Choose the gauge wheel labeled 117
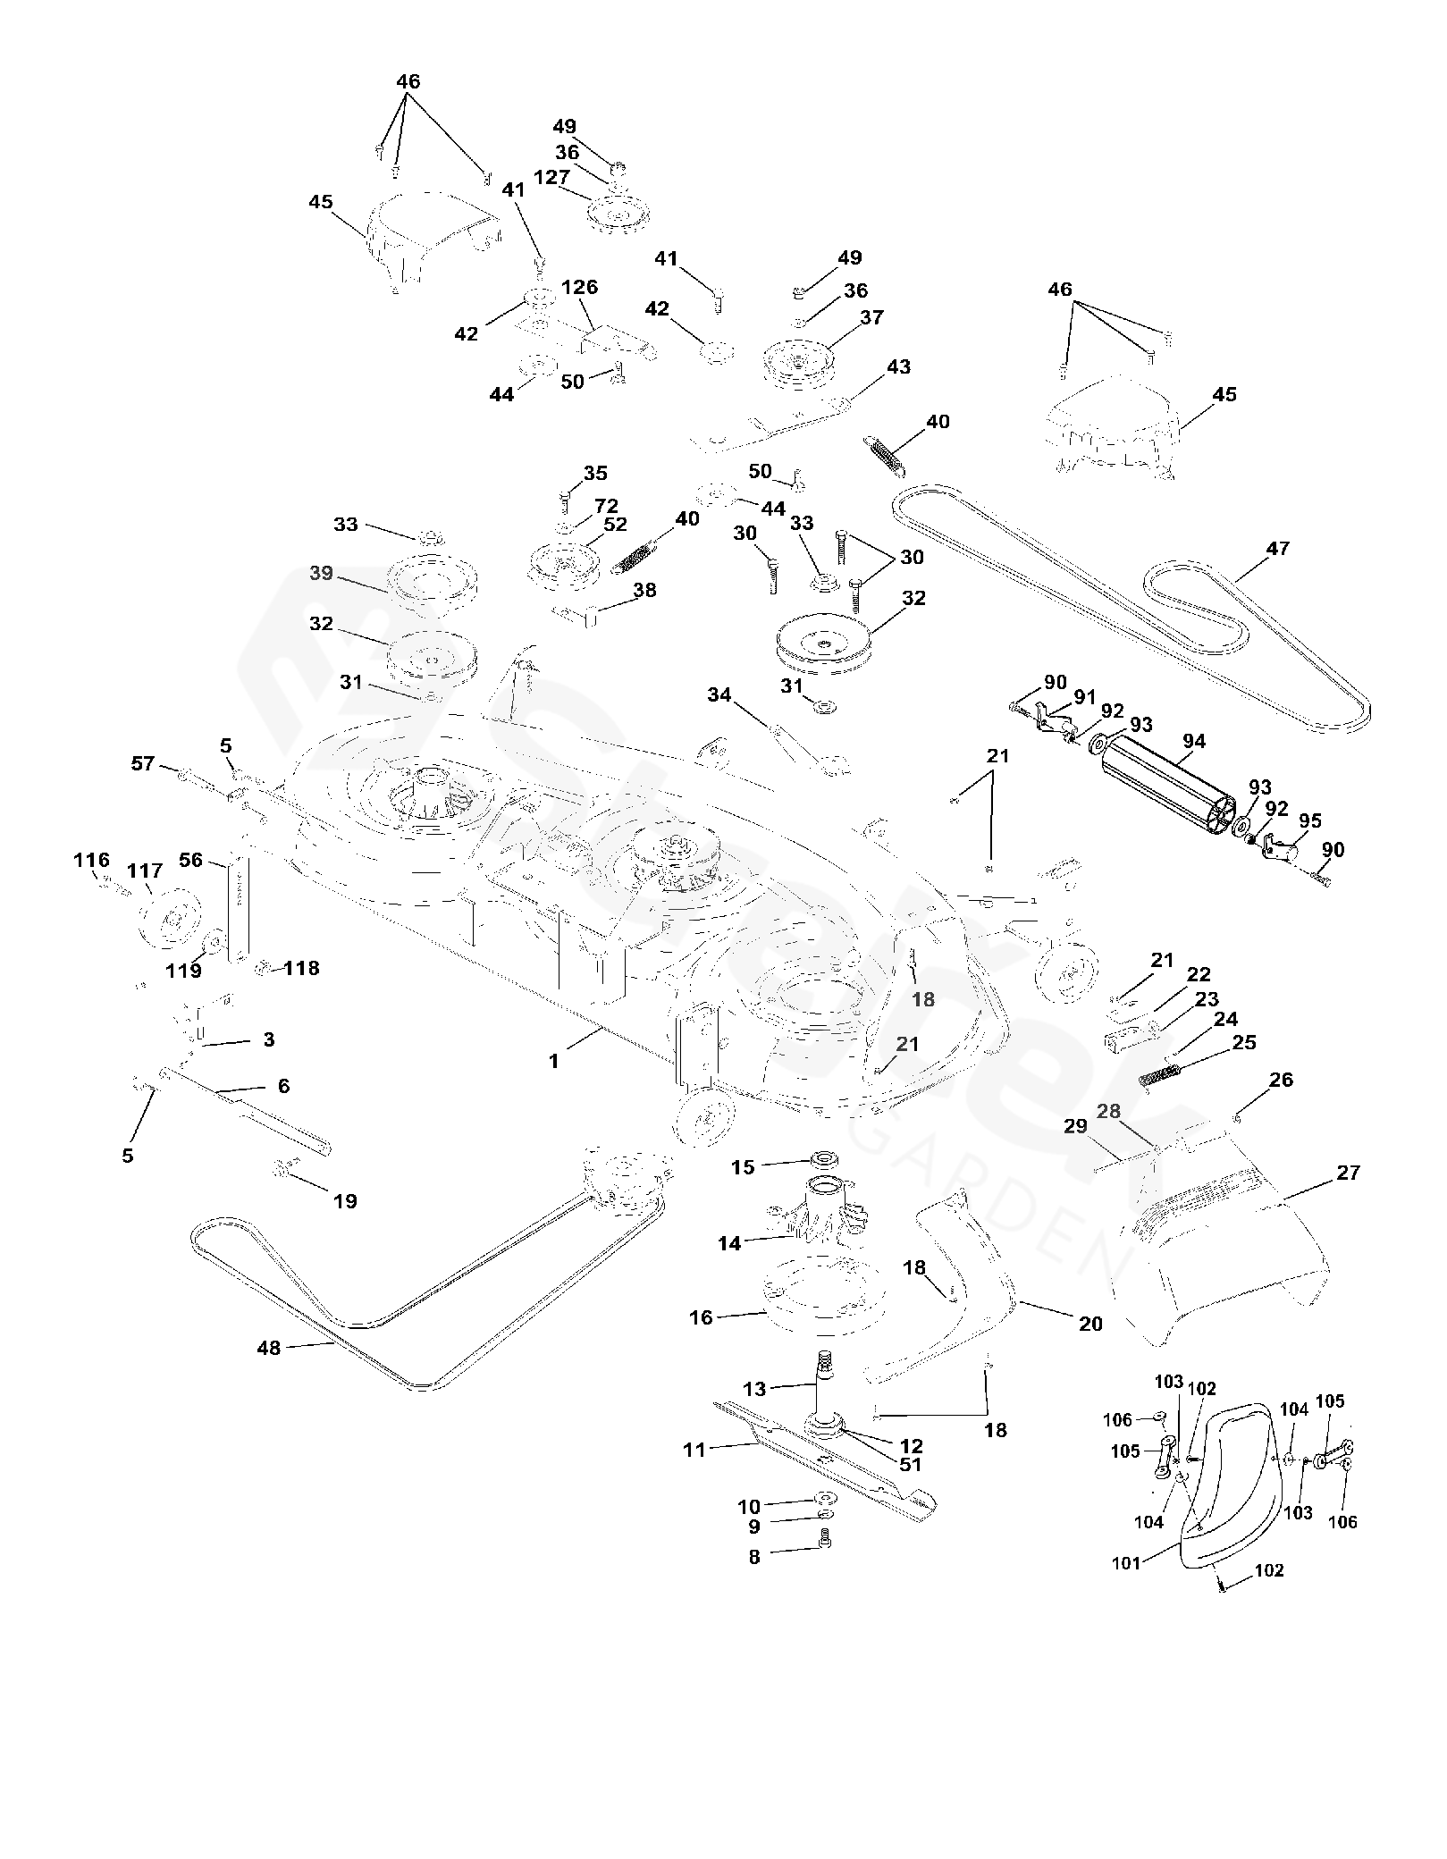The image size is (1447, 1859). pos(170,919)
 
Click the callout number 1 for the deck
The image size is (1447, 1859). pos(554,1061)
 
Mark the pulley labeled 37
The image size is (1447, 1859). pos(797,361)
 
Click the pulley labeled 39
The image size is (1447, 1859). pos(432,582)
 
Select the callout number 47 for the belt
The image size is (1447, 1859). pos(1278,548)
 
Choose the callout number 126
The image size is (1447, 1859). pos(579,288)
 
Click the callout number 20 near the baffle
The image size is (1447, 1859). pos(1090,1324)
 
